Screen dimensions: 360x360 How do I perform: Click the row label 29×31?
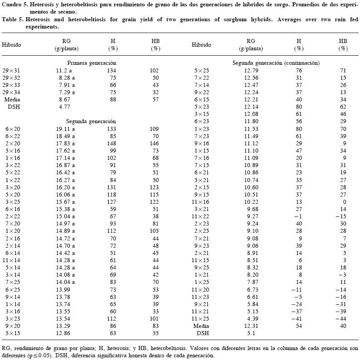[11, 71]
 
